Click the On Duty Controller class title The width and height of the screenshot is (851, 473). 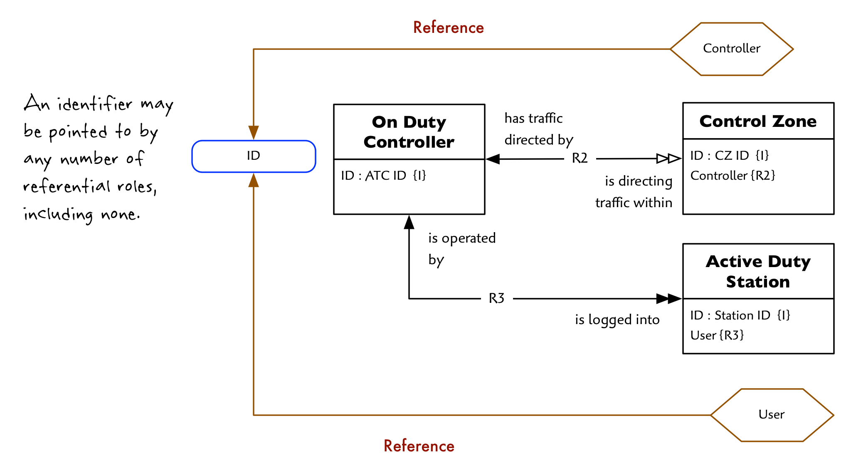click(x=409, y=132)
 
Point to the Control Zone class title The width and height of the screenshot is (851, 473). click(x=758, y=121)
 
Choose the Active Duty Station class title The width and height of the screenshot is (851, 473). click(x=758, y=271)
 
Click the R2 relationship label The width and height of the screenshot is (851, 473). click(x=580, y=158)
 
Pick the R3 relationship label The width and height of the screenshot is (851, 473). click(x=496, y=298)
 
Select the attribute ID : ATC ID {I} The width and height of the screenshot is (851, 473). click(x=383, y=176)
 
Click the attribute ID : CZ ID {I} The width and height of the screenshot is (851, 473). click(x=730, y=156)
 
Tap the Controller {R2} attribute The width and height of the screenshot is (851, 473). click(x=733, y=176)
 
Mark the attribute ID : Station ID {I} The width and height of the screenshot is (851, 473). click(x=740, y=315)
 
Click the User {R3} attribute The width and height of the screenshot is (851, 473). click(x=717, y=335)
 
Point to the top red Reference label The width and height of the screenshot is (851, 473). click(x=448, y=27)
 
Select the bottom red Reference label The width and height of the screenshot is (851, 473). click(x=419, y=446)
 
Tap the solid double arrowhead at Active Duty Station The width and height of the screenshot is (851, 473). click(x=669, y=298)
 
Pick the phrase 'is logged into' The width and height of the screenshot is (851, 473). click(x=617, y=319)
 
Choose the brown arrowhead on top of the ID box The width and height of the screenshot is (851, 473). click(x=254, y=133)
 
